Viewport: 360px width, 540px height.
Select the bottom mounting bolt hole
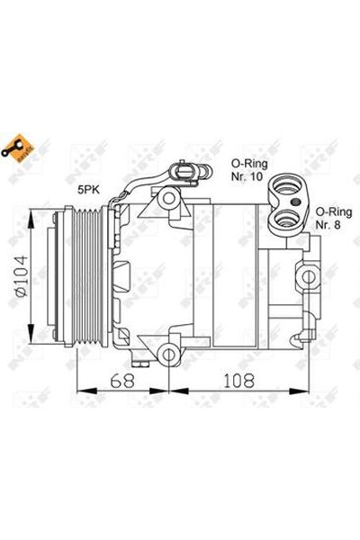tap(168, 350)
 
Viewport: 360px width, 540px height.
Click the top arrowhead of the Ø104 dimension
tap(35, 214)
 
